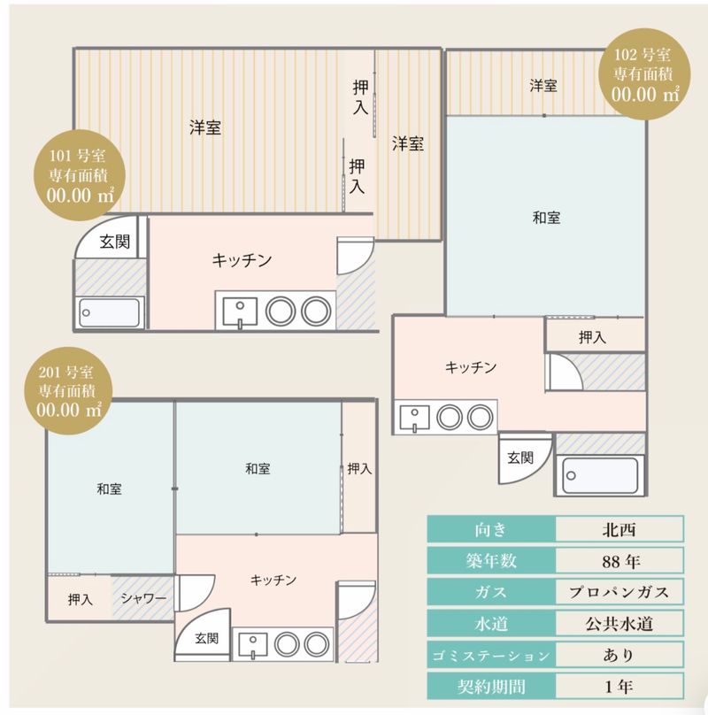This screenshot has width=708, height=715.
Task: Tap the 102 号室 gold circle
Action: [x=643, y=73]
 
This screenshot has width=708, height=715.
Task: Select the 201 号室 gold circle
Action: [x=68, y=391]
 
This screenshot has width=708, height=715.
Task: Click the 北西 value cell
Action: [x=619, y=529]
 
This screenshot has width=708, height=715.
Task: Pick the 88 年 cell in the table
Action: [x=619, y=560]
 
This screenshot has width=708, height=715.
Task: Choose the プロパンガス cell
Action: [x=619, y=592]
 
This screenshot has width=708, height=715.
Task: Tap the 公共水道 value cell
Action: [x=619, y=623]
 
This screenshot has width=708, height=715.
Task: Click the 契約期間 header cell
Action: [x=491, y=686]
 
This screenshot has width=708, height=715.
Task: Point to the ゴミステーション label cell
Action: [x=491, y=655]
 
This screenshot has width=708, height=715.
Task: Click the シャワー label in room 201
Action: [x=143, y=598]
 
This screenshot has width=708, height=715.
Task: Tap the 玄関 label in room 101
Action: [x=115, y=242]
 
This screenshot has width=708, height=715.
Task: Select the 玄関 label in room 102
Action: [x=520, y=457]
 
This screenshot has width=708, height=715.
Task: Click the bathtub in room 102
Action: [x=600, y=475]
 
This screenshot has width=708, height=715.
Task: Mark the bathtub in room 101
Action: [x=110, y=312]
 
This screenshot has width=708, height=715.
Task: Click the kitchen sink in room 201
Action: [x=252, y=645]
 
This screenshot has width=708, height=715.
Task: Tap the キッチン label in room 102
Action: [x=471, y=367]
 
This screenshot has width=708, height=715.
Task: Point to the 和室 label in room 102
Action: [x=546, y=218]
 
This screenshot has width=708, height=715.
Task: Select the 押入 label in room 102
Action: [x=592, y=337]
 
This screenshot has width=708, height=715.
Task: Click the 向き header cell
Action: [x=491, y=529]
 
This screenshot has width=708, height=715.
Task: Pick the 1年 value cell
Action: [x=619, y=686]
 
